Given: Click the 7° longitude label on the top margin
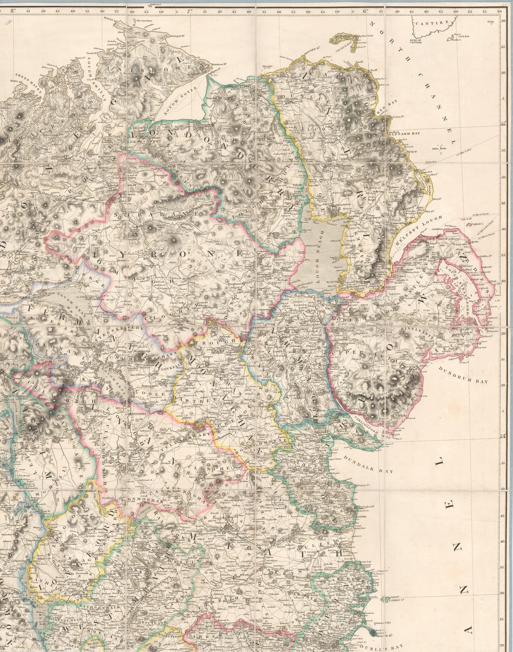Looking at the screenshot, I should tap(190, 12).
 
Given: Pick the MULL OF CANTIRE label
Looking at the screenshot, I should tap(416, 41).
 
